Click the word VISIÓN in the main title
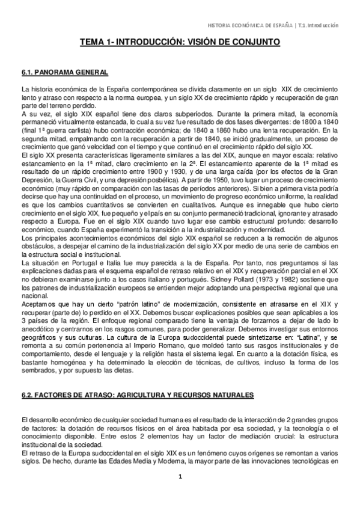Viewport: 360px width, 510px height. (x=211, y=43)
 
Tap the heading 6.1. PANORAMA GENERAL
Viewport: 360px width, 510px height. (x=64, y=72)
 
